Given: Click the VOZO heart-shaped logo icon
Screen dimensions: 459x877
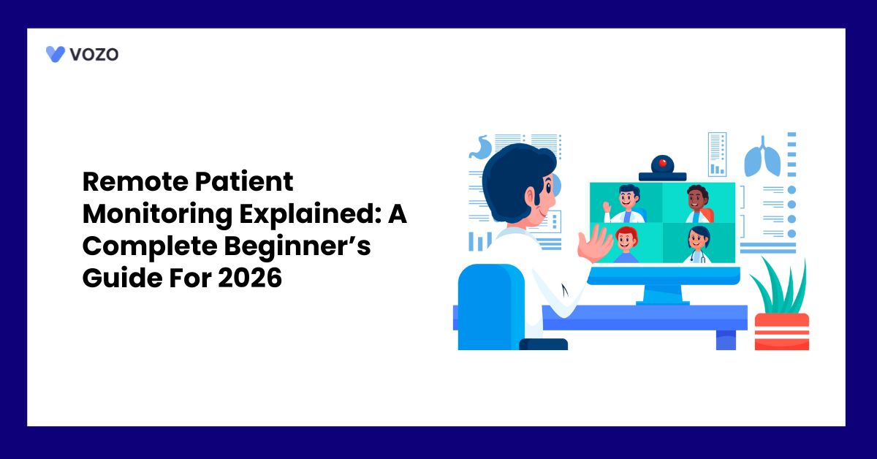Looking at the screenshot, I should [x=55, y=53].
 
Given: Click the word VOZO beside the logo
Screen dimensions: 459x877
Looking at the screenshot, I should [x=94, y=53].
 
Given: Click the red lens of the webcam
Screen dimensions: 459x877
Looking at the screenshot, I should [x=663, y=163].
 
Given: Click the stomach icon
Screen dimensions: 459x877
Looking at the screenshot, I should [x=480, y=148].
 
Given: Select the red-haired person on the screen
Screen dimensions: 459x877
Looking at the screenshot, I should [x=626, y=244].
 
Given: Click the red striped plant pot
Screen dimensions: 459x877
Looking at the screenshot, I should [x=781, y=331].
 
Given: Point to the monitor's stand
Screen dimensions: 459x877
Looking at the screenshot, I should [x=663, y=292].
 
